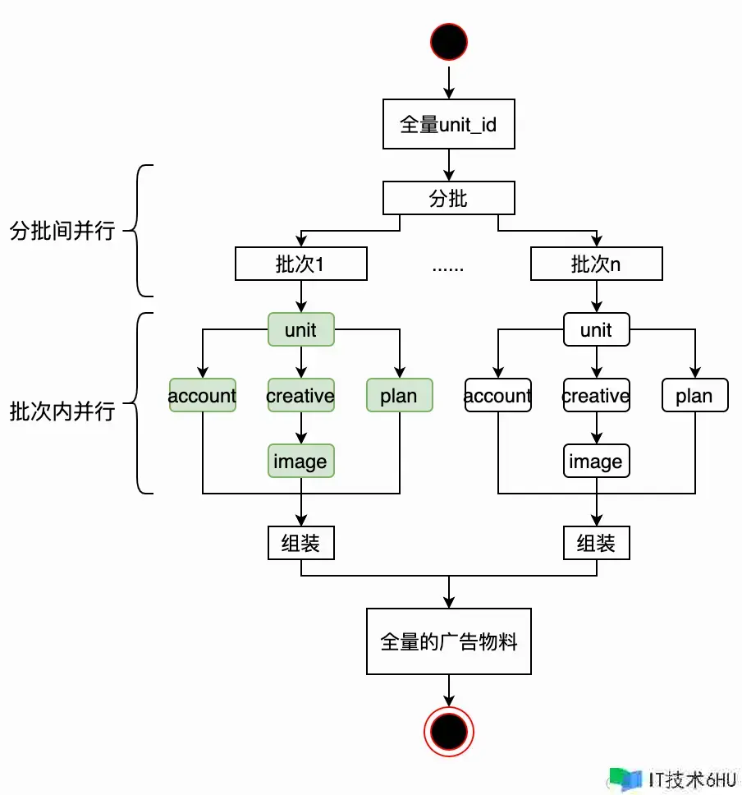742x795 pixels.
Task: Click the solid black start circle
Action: pyautogui.click(x=449, y=40)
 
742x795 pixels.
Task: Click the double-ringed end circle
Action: pyautogui.click(x=449, y=730)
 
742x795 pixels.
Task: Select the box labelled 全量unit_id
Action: pyautogui.click(x=449, y=125)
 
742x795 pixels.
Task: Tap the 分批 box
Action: pyautogui.click(x=449, y=199)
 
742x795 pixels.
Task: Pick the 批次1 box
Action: pyautogui.click(x=300, y=264)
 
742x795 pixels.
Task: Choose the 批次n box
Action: pyautogui.click(x=596, y=264)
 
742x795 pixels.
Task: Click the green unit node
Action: pyautogui.click(x=300, y=329)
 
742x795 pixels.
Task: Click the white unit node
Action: pyautogui.click(x=596, y=329)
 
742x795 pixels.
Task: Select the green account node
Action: pyautogui.click(x=202, y=395)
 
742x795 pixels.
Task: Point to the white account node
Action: pyautogui.click(x=497, y=395)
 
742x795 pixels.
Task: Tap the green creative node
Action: pyautogui.click(x=300, y=395)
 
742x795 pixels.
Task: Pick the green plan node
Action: pyautogui.click(x=399, y=395)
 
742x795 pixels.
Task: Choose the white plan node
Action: pyautogui.click(x=694, y=395)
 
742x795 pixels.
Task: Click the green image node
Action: pyautogui.click(x=300, y=461)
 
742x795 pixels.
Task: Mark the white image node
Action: pyautogui.click(x=596, y=461)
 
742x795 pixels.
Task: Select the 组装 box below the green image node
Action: pyautogui.click(x=300, y=543)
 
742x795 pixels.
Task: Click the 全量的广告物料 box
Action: pyautogui.click(x=449, y=641)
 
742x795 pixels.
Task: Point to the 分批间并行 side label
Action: pyautogui.click(x=62, y=231)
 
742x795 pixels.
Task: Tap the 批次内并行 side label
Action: pyautogui.click(x=62, y=411)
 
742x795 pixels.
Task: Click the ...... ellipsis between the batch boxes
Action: pyautogui.click(x=448, y=266)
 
